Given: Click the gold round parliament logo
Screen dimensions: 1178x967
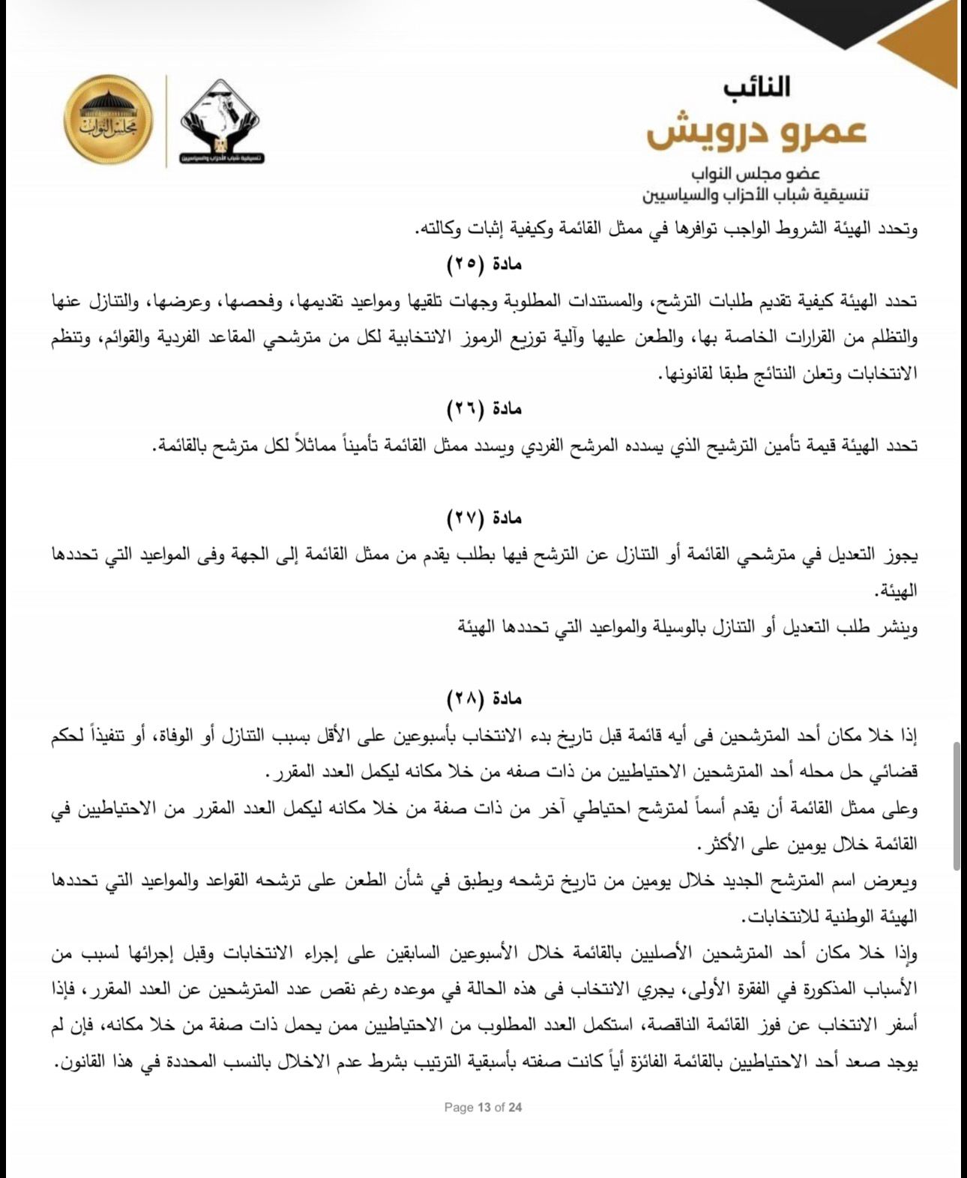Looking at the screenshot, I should click(x=108, y=120).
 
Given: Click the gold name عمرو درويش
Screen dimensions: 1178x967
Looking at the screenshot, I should click(x=757, y=130).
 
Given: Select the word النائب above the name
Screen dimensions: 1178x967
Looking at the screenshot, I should click(x=758, y=86).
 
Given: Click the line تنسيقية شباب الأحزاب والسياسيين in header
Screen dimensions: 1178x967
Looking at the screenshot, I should click(x=756, y=196).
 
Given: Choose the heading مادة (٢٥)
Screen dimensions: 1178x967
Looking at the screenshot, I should click(x=484, y=264).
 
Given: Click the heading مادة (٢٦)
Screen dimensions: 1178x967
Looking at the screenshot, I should click(x=484, y=408).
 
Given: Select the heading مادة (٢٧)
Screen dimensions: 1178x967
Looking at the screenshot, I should click(x=484, y=518).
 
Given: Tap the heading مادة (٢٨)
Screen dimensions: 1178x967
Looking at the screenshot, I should click(x=484, y=698).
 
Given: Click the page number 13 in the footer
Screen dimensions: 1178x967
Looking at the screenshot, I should click(x=483, y=1107).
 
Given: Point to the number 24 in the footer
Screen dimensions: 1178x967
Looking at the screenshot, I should click(x=514, y=1107).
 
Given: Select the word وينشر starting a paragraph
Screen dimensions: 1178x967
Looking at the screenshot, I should click(x=899, y=626).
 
